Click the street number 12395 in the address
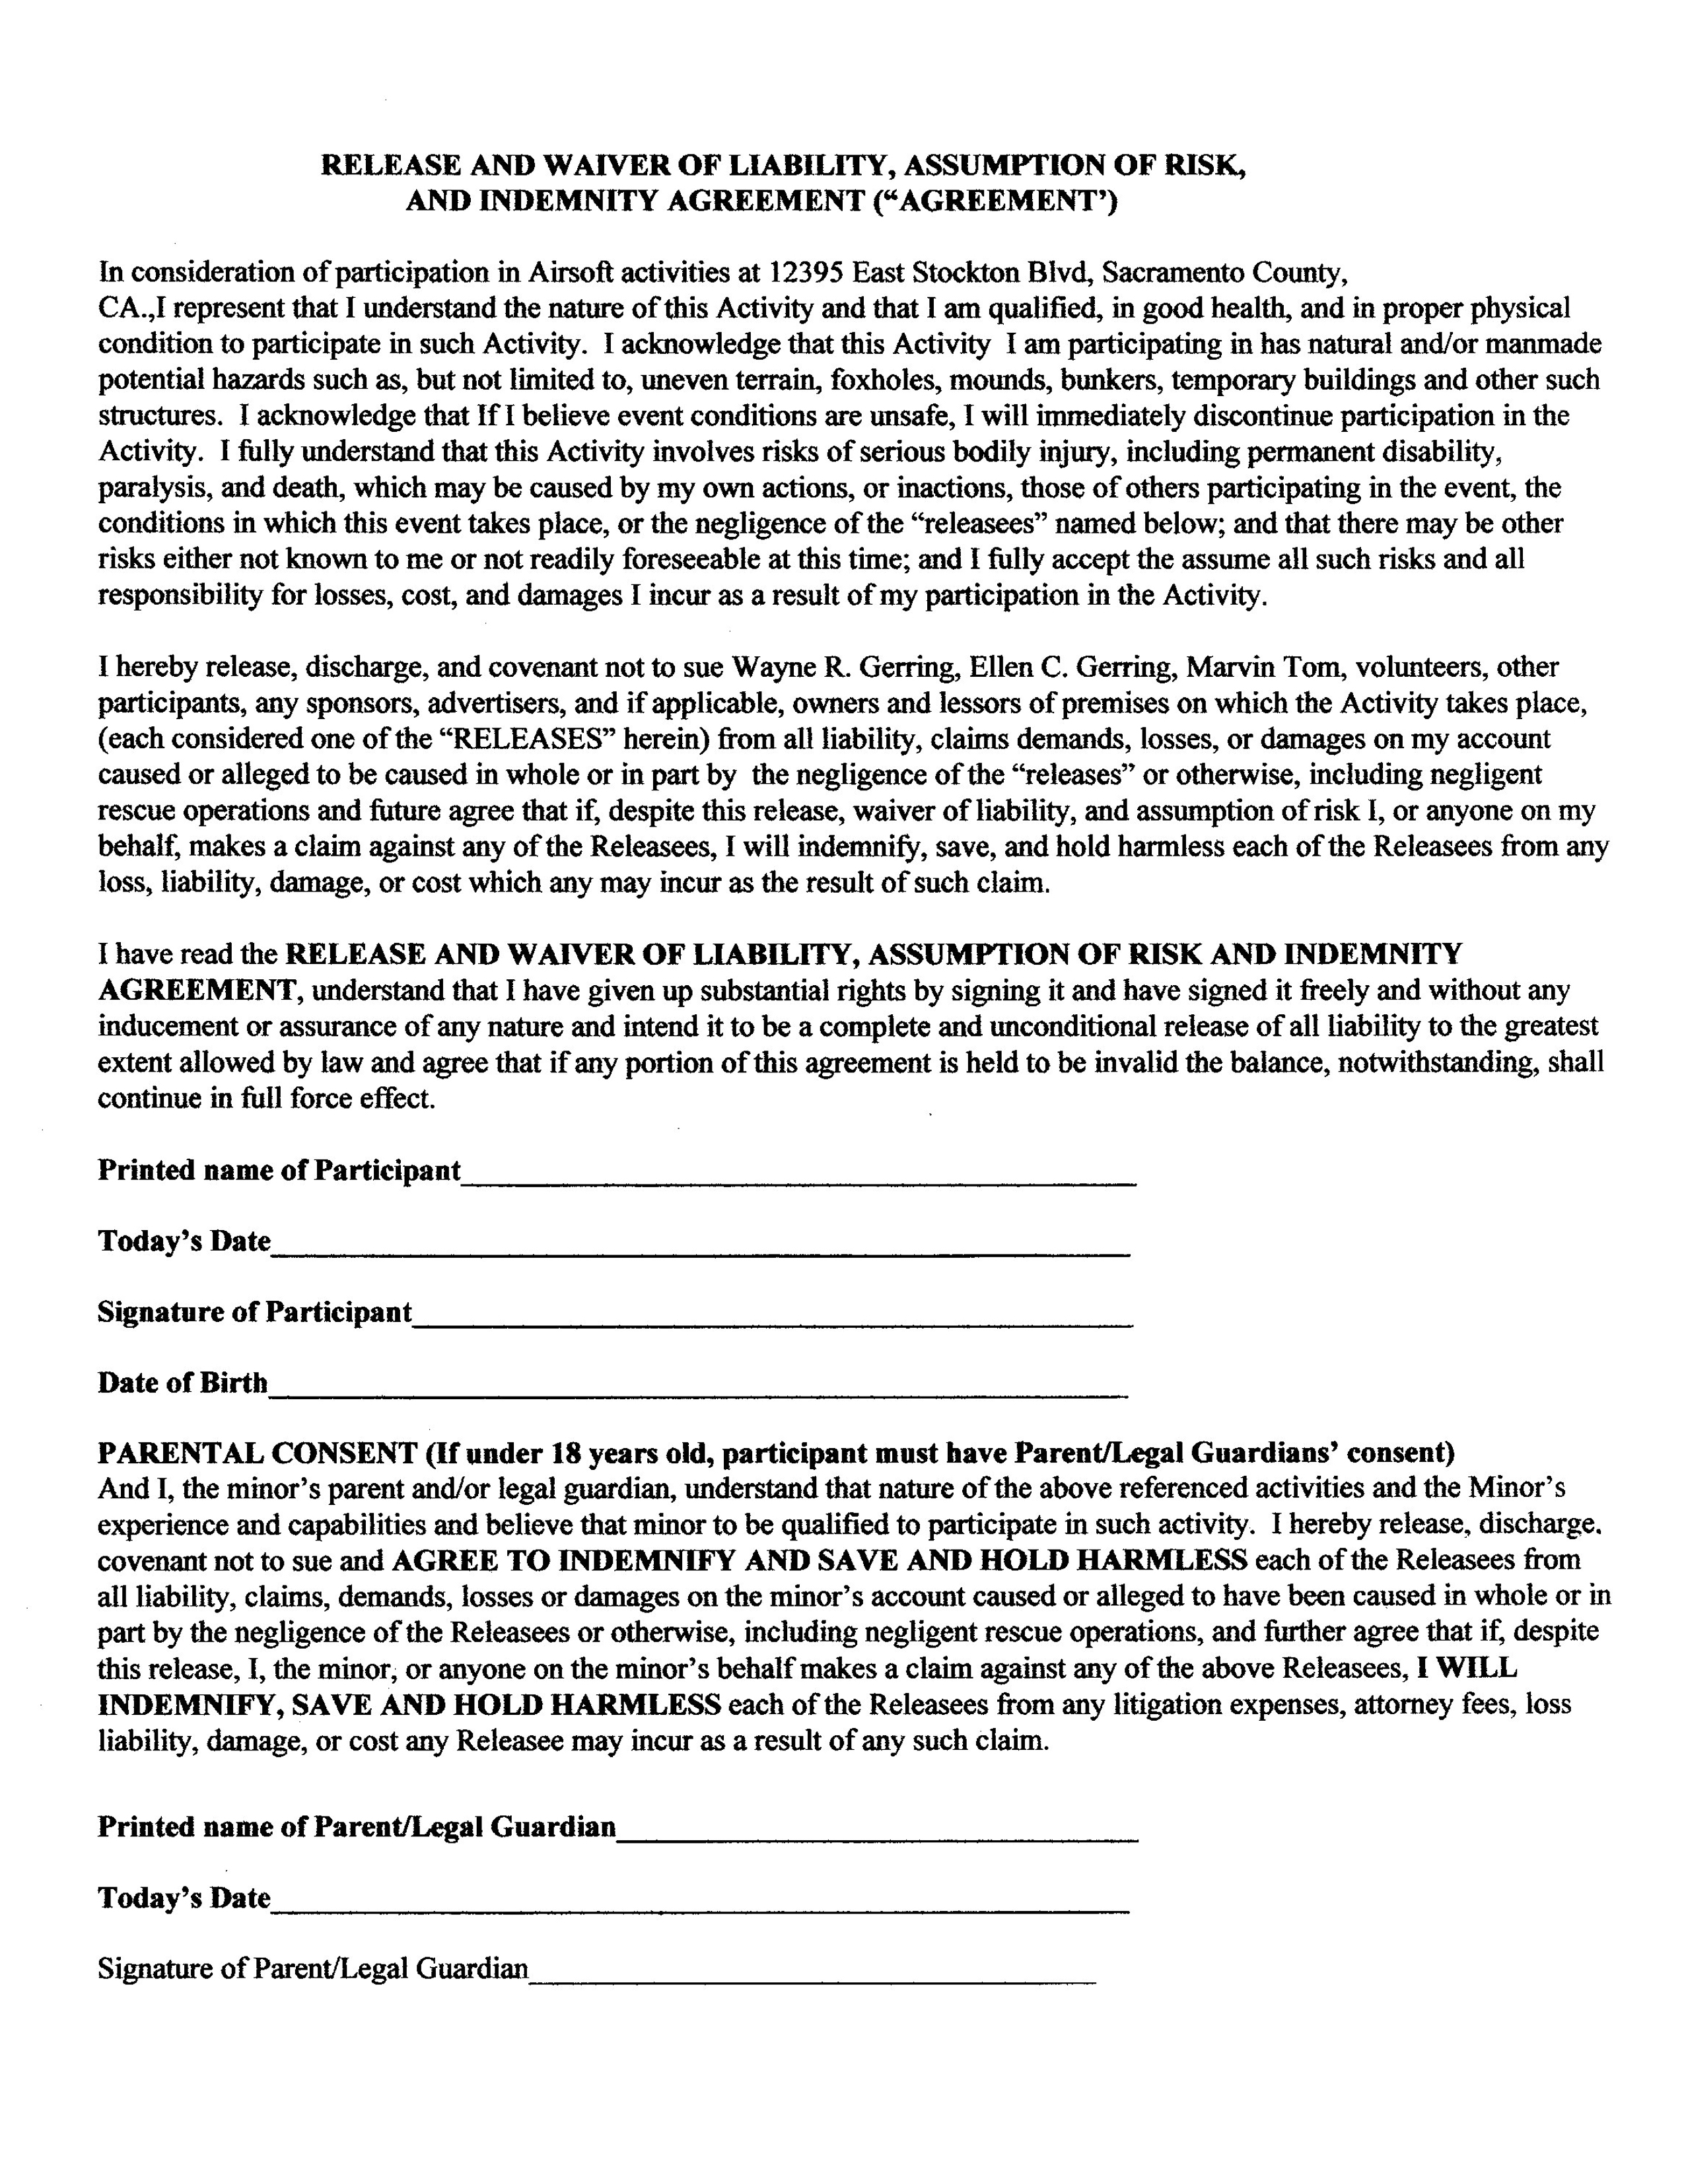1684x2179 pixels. tap(806, 272)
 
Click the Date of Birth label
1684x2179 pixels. tap(182, 1383)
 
